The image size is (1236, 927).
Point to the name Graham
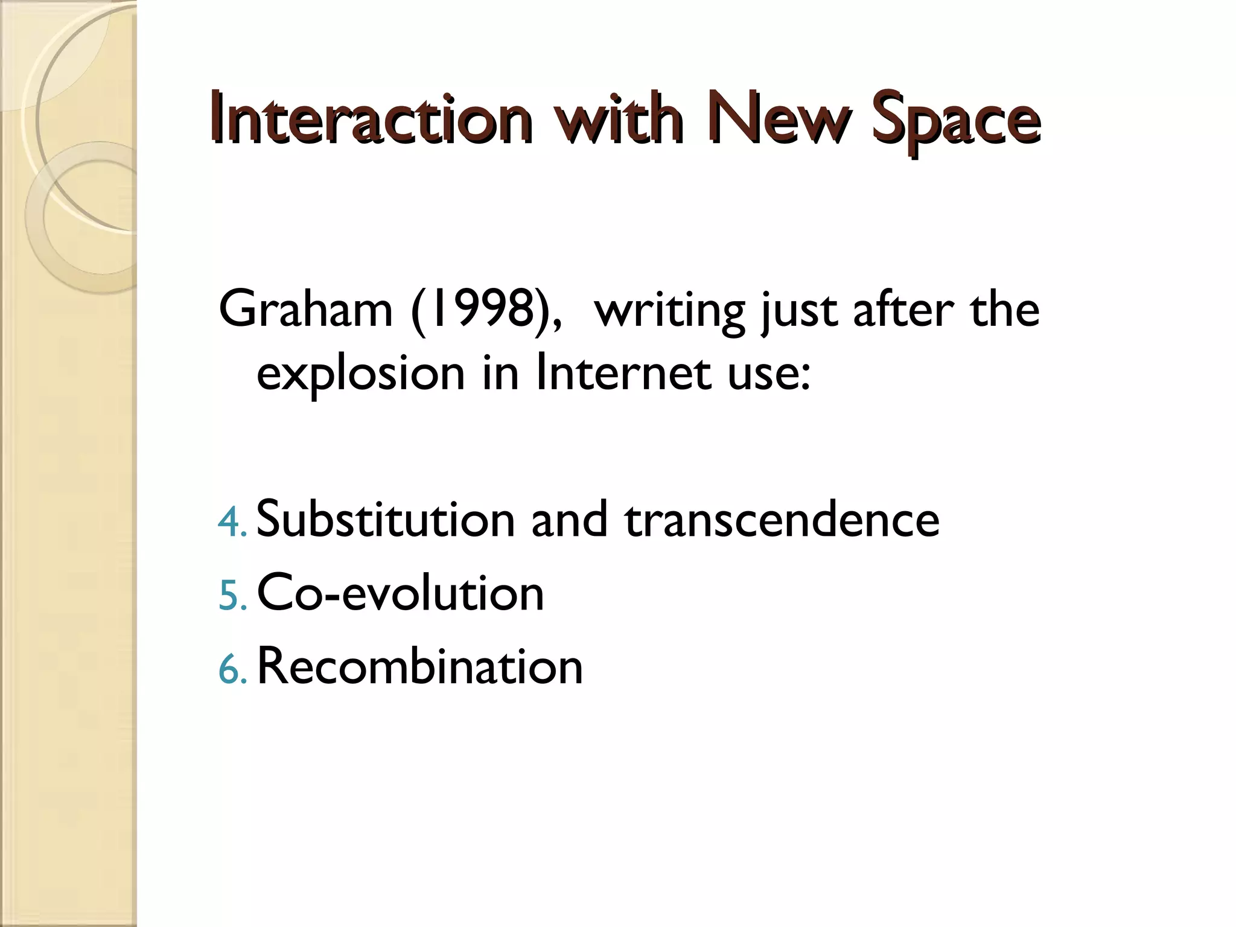305,310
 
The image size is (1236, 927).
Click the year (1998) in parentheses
486,310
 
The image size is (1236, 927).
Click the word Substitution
385,519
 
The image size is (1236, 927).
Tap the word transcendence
782,519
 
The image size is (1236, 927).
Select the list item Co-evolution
400,593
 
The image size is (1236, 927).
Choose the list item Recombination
419,666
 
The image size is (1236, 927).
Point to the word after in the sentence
903,310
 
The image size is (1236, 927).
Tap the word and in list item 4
569,519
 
